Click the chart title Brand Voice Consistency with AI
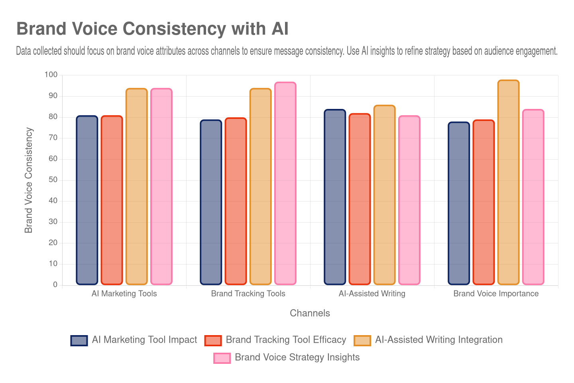(x=152, y=29)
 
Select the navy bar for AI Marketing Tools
(x=87, y=199)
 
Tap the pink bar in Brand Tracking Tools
(x=285, y=184)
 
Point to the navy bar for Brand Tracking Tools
(x=211, y=202)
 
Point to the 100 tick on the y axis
(x=51, y=75)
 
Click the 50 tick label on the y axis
(x=53, y=180)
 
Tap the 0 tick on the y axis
(x=55, y=284)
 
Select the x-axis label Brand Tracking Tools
(x=248, y=294)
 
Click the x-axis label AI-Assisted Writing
(x=372, y=294)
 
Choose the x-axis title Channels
(x=310, y=313)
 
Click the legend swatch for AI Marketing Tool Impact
(x=79, y=340)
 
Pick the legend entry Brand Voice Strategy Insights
(x=297, y=357)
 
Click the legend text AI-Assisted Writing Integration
(x=438, y=340)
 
